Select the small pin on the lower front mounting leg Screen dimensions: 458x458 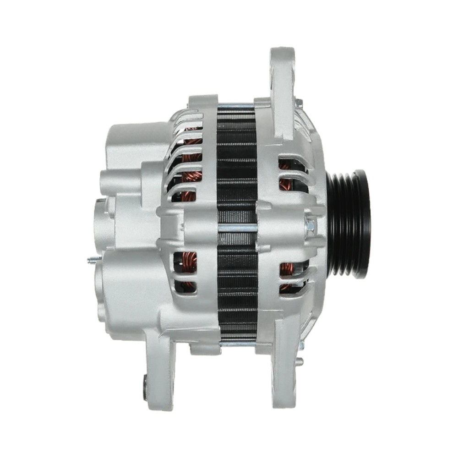[300, 361]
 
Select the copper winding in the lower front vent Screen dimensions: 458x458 [286, 275]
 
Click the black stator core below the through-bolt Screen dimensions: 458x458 [237, 284]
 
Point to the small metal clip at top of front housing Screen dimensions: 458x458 [299, 102]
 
